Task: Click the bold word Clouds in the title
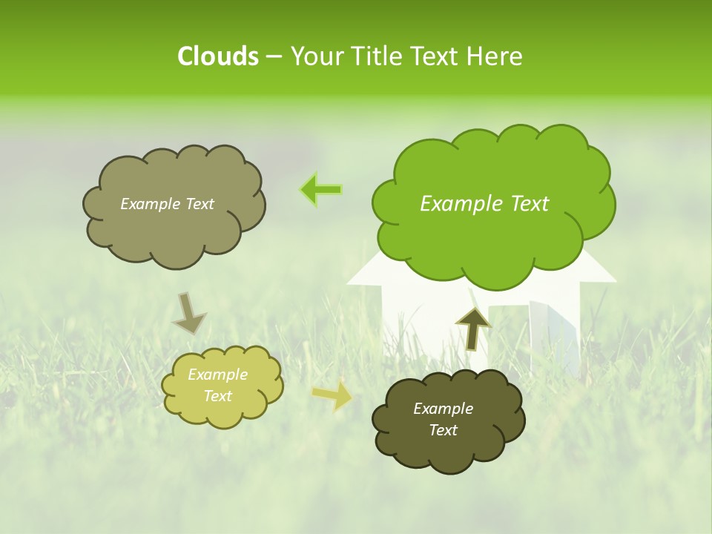[217, 56]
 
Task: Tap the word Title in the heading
[377, 56]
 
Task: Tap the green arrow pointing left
[320, 190]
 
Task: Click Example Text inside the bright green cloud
[484, 204]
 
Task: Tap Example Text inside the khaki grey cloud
[167, 204]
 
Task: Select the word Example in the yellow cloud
[217, 375]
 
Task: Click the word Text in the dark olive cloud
[443, 430]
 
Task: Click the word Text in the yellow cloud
[217, 396]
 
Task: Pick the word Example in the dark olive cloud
[443, 409]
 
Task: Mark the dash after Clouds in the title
[273, 57]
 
